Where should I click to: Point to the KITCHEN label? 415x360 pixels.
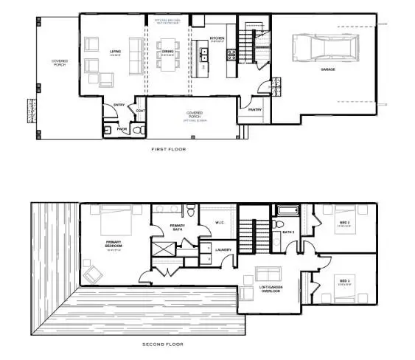coord(217,38)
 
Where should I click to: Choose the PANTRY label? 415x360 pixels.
coord(255,109)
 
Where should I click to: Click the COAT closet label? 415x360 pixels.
coord(140,111)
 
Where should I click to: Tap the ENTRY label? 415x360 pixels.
coord(118,105)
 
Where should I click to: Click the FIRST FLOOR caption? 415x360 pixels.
coord(169,149)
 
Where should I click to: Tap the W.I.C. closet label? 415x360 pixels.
coord(219,224)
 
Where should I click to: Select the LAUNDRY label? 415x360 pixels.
coord(224,249)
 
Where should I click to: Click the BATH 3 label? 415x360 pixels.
coord(288,232)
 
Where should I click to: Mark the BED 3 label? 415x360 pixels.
coord(345,280)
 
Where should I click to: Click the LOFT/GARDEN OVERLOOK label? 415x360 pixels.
coord(269,289)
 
